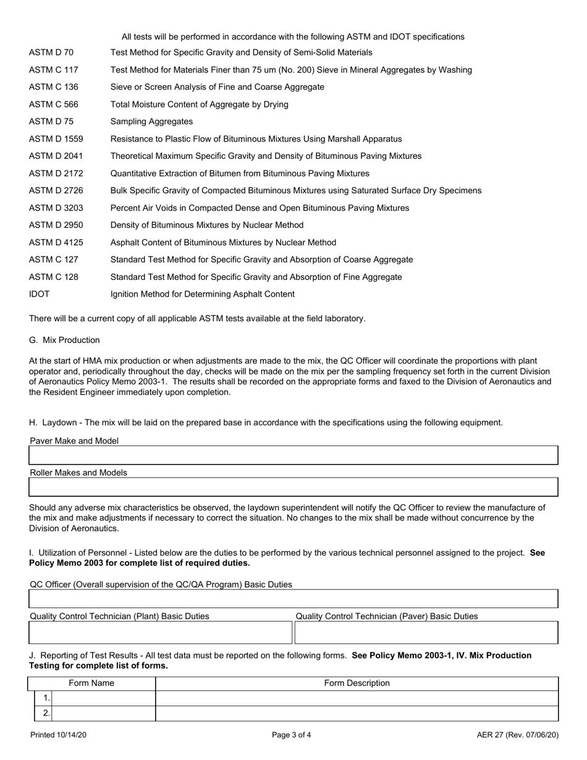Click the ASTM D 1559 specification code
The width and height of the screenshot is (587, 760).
coord(56,139)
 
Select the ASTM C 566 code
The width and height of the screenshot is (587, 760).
coord(54,104)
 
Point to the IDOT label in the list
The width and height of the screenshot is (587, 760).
coord(40,294)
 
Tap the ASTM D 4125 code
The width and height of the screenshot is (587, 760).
coord(56,243)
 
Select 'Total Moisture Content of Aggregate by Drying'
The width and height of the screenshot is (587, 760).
coord(199,104)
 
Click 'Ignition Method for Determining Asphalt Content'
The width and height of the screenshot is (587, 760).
coord(202,294)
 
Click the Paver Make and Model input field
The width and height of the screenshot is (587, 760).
coord(293,456)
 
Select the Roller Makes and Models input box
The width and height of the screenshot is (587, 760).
coord(293,488)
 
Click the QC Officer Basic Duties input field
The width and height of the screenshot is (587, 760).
coord(293,599)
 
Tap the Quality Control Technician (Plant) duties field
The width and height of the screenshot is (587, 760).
coord(160,633)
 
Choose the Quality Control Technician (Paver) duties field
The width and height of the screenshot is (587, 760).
coord(426,633)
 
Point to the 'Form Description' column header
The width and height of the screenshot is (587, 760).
coord(357,683)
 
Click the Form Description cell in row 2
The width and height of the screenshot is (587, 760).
coord(357,714)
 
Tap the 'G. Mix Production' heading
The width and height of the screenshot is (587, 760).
coord(64,340)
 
